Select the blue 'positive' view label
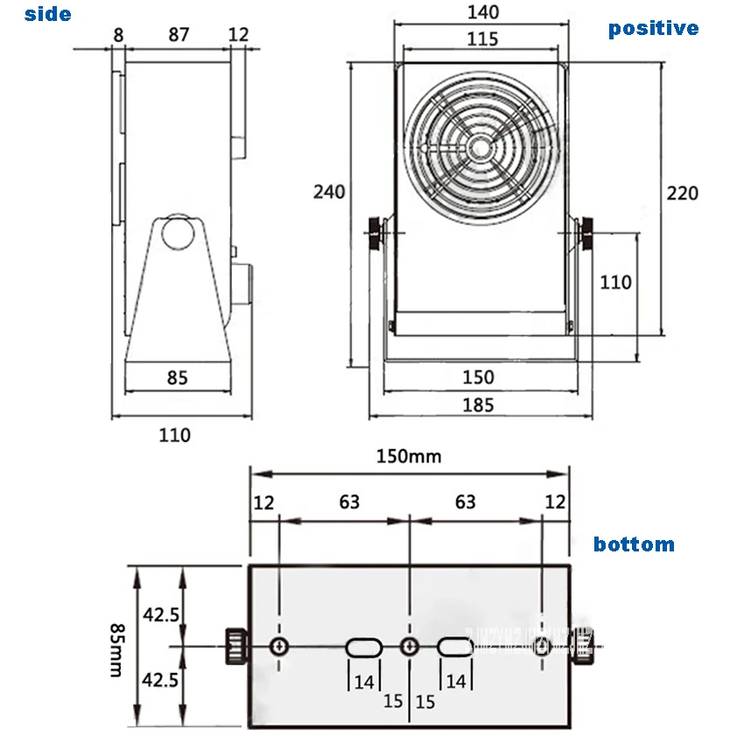653,29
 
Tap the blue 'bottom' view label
634,544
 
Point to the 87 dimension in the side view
179,34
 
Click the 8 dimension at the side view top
118,34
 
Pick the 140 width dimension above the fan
482,12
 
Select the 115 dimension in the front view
482,39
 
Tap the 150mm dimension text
409,456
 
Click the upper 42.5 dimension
162,614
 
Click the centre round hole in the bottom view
409,647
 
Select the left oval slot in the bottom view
363,647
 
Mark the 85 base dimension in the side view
178,378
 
